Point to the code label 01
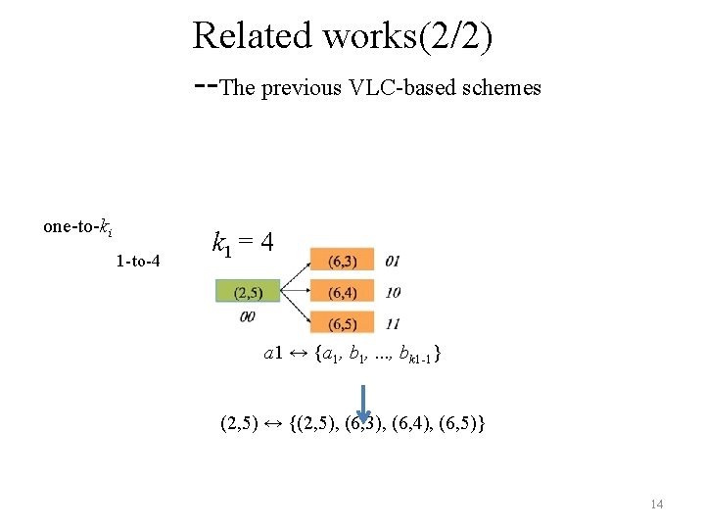click(x=393, y=261)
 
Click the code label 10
click(x=393, y=292)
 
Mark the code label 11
click(x=393, y=323)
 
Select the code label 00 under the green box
click(x=247, y=315)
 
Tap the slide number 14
click(x=656, y=504)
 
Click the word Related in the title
click(x=253, y=35)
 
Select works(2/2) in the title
click(x=408, y=35)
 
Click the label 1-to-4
click(x=138, y=262)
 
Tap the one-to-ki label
click(x=77, y=227)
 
